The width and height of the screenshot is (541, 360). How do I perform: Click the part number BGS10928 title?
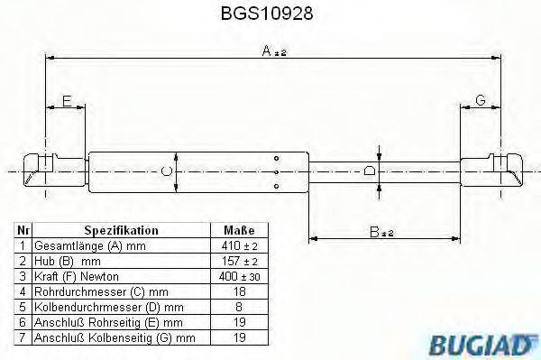click(270, 14)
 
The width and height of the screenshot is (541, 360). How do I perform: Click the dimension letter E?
click(67, 101)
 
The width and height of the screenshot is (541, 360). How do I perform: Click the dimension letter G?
click(481, 101)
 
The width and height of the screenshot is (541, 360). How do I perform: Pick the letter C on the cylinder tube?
click(165, 169)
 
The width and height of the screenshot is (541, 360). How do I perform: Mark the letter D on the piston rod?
click(368, 170)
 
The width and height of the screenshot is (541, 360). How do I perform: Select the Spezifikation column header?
click(121, 230)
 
